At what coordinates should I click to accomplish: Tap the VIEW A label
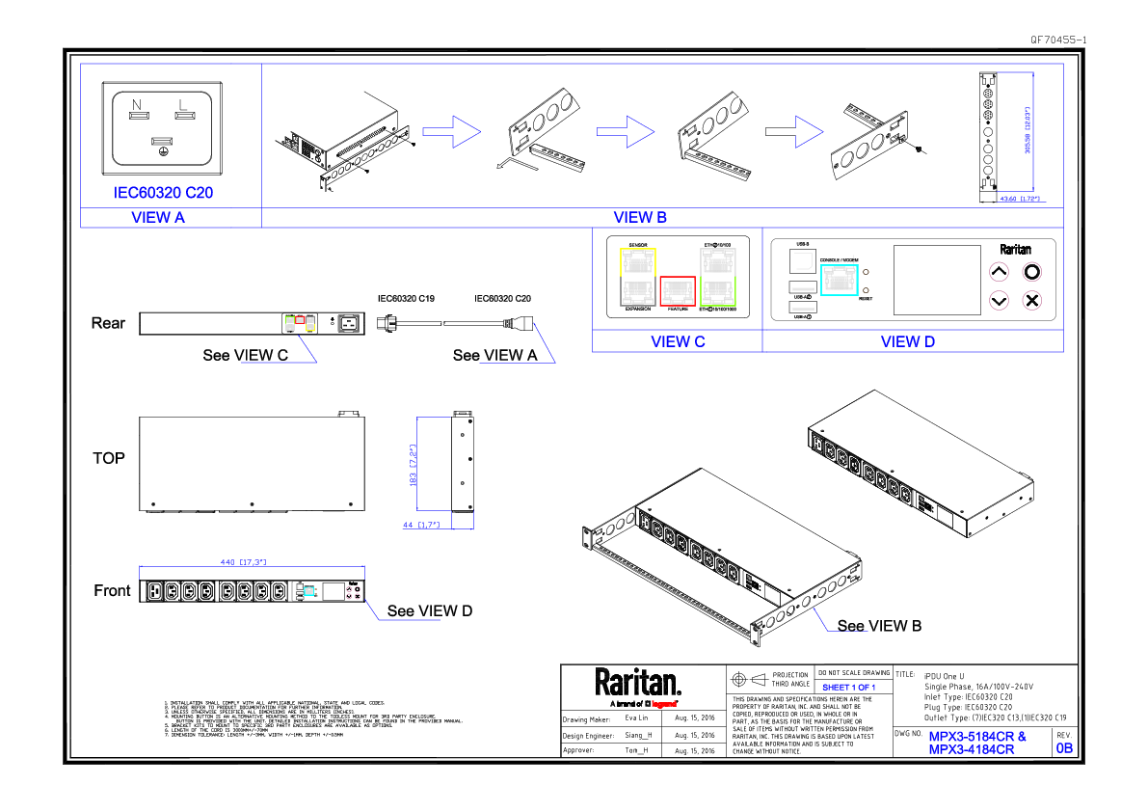pos(158,217)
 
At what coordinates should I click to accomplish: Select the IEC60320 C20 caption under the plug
pos(163,192)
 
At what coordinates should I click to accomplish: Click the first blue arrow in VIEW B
pos(451,131)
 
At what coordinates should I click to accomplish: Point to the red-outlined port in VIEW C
pos(678,289)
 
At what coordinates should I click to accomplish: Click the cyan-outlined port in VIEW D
pos(838,280)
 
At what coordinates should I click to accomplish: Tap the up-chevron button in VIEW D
pos(1000,273)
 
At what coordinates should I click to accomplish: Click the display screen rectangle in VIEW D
pos(932,279)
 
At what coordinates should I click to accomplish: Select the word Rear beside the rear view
pos(108,323)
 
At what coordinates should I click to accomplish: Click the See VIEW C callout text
pos(245,355)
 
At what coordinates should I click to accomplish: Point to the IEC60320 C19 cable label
pos(405,300)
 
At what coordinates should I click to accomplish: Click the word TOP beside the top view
pos(109,458)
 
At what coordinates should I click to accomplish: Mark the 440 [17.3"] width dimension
pos(243,561)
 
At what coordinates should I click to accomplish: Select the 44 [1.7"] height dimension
pos(420,525)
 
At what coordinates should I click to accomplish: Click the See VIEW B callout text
pos(879,626)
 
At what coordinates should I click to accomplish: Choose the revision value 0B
pos(1064,747)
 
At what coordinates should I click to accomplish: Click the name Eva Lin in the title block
pos(636,719)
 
